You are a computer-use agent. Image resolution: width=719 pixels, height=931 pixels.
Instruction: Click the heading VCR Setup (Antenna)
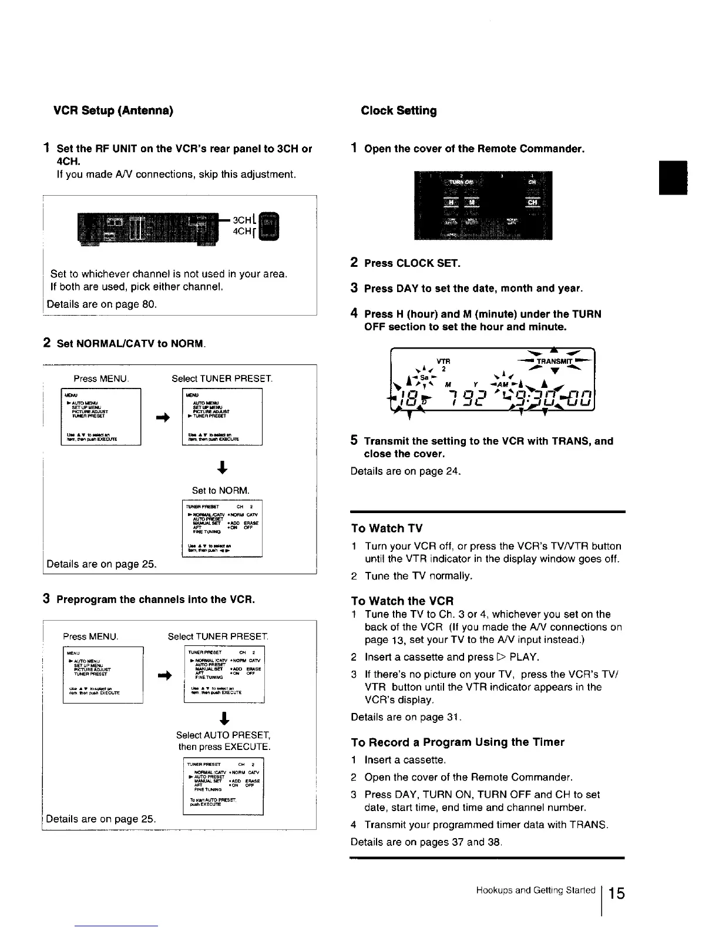[113, 110]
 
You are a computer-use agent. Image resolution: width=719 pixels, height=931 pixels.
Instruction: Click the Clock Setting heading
[399, 110]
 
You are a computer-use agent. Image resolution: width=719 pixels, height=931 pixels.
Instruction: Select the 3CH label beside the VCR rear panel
[242, 220]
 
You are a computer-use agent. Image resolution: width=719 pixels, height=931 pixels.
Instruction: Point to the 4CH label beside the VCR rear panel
[242, 232]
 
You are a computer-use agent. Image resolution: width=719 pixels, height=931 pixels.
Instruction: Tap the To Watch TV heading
[387, 528]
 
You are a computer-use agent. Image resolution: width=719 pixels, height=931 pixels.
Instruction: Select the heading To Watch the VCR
[402, 601]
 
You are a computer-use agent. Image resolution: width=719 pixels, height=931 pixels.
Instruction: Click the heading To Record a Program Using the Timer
[457, 742]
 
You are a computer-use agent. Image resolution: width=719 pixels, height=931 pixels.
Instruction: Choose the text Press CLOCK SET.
[412, 263]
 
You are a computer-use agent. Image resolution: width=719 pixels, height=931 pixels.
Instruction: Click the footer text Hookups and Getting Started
[535, 890]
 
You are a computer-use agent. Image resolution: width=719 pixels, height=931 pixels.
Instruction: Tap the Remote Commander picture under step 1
[483, 206]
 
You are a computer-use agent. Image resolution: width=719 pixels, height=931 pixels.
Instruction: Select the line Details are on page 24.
[406, 471]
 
